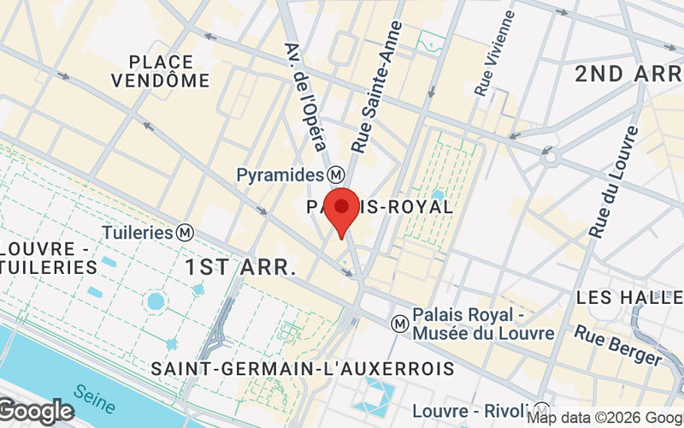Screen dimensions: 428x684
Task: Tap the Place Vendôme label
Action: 168,71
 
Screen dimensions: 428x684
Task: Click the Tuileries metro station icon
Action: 185,232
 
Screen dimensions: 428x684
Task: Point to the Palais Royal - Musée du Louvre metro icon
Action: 398,324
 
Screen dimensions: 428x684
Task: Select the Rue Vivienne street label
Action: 495,51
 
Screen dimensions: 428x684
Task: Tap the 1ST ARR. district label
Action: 240,267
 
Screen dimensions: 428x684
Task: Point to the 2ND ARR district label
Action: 628,74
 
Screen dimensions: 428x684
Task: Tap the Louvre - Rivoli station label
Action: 473,411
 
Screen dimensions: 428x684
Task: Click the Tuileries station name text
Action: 138,232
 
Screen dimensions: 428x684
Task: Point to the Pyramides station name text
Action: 281,175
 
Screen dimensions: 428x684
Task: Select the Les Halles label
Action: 629,298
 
